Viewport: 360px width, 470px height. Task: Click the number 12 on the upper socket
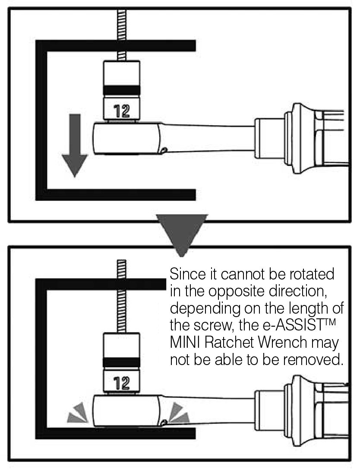(121, 111)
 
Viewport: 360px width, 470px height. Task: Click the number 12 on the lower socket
(121, 383)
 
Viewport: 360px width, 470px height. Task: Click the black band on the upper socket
(121, 90)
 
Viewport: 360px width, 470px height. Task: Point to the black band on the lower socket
(121, 362)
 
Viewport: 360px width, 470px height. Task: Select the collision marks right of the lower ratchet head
(178, 413)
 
